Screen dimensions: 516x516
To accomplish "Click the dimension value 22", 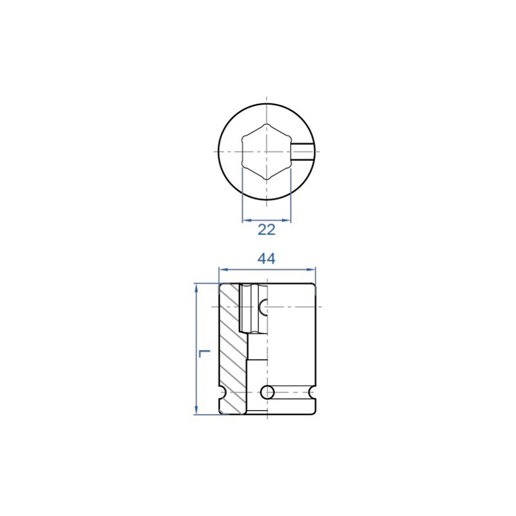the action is pos(266,230).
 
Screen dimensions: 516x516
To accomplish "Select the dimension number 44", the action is pos(266,259).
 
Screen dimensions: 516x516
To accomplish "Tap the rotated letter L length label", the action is pos(204,354).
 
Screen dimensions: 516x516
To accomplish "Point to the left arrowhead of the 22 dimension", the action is pos(247,220).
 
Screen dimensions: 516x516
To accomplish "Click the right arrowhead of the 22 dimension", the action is pos(286,220).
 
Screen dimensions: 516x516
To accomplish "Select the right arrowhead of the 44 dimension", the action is pos(311,269).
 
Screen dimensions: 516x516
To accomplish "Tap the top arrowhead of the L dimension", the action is pos(196,288).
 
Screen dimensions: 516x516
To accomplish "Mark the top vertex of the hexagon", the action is pos(267,124).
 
